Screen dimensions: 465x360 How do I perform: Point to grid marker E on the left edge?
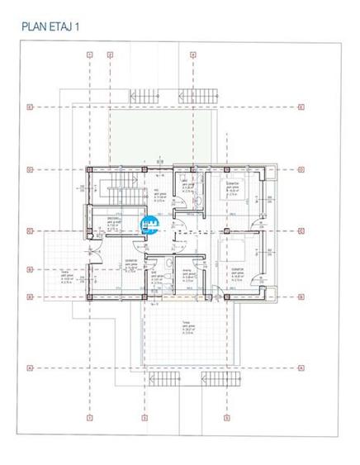click(30, 107)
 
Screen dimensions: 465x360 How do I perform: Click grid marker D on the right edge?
click(301, 170)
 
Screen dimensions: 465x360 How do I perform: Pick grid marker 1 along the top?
click(88, 55)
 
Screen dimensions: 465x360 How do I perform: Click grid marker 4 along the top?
click(192, 55)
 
